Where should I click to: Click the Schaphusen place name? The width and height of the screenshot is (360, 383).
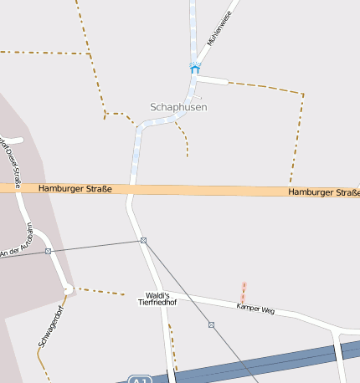tap(177, 107)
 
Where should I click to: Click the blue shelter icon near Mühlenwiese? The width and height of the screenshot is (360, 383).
tap(195, 68)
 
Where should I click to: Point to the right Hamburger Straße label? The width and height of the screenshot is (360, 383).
tap(324, 193)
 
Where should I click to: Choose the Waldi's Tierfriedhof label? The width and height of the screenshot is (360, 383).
tap(157, 299)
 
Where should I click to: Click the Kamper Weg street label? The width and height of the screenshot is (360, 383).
tap(255, 309)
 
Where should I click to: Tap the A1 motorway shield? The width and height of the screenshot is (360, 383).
tap(138, 380)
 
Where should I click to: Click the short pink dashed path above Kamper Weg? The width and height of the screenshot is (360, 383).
tap(244, 292)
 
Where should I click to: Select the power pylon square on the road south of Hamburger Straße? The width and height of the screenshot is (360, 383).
tap(144, 241)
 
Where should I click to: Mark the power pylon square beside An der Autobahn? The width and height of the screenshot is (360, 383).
tap(48, 251)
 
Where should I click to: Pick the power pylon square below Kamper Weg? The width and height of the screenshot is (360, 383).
tap(211, 324)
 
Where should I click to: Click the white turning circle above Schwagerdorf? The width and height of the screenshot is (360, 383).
tap(67, 289)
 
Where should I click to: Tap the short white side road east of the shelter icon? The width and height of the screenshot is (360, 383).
tap(213, 79)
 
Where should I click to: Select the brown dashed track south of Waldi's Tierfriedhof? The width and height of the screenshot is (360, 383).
tap(172, 343)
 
